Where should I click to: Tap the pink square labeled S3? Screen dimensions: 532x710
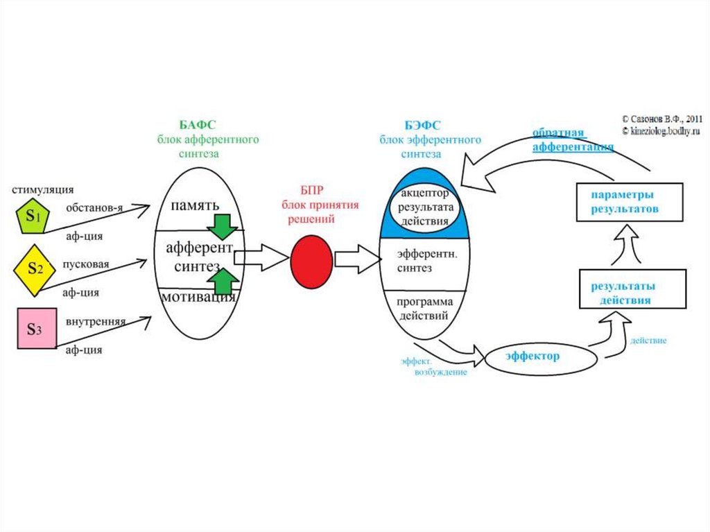36,329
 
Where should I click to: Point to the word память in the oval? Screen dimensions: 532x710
195,205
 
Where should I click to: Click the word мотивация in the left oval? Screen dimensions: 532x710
198,298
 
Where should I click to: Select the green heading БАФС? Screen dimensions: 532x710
198,125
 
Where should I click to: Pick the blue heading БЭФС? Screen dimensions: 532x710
422,125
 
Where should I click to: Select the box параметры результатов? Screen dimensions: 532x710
630,201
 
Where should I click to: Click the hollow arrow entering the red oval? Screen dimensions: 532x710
263,259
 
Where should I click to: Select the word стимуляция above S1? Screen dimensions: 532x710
42,189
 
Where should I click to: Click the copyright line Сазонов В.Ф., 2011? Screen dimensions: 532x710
662,119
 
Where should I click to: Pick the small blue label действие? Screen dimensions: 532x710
648,341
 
